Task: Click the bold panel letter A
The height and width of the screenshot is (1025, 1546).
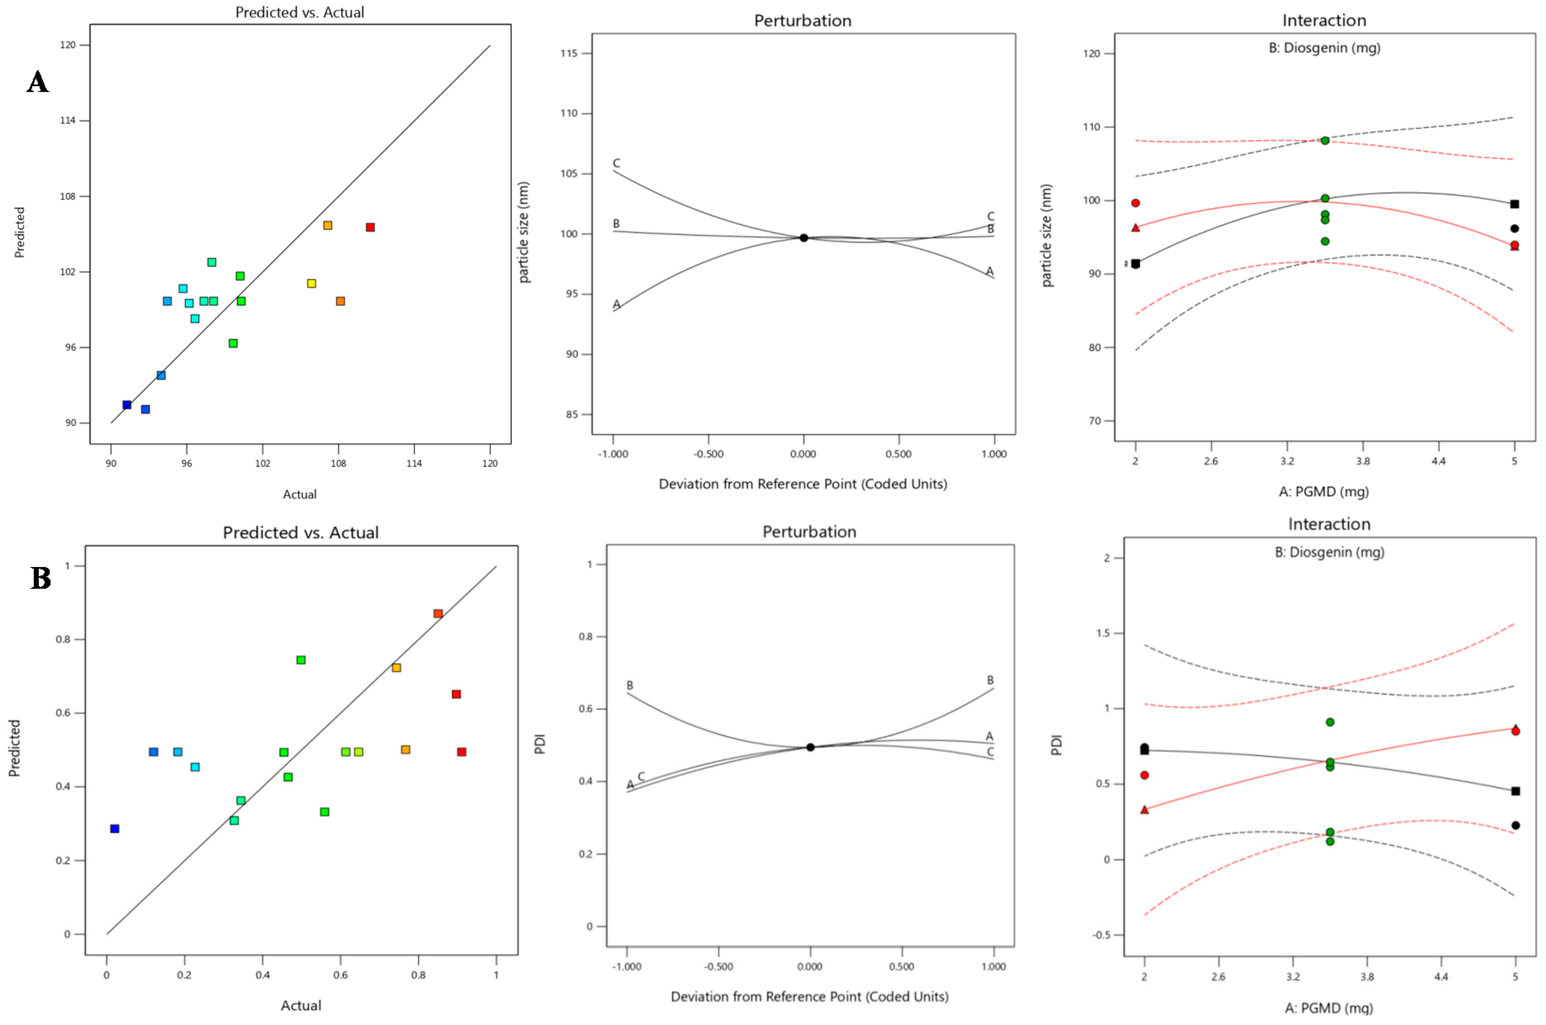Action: pyautogui.click(x=38, y=82)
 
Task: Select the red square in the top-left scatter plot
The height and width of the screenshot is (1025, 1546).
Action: pyautogui.click(x=370, y=227)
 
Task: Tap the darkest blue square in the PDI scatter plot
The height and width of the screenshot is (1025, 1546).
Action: pyautogui.click(x=114, y=829)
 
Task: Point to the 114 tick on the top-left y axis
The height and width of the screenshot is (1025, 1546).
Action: pyautogui.click(x=68, y=120)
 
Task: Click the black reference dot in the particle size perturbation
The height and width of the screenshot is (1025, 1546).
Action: pyautogui.click(x=804, y=238)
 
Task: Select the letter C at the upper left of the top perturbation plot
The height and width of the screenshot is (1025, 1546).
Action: pyautogui.click(x=616, y=163)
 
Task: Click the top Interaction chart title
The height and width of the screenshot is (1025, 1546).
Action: pyautogui.click(x=1324, y=20)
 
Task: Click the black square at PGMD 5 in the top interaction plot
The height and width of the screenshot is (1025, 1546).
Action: pyautogui.click(x=1514, y=204)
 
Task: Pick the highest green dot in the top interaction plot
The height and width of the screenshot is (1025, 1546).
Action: pyautogui.click(x=1325, y=140)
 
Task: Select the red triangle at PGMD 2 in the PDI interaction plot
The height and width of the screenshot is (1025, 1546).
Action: pyautogui.click(x=1144, y=809)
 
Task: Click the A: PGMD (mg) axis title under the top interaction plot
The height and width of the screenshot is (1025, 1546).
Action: pyautogui.click(x=1323, y=491)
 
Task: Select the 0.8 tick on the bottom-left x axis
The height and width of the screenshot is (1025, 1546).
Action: pyautogui.click(x=418, y=975)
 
